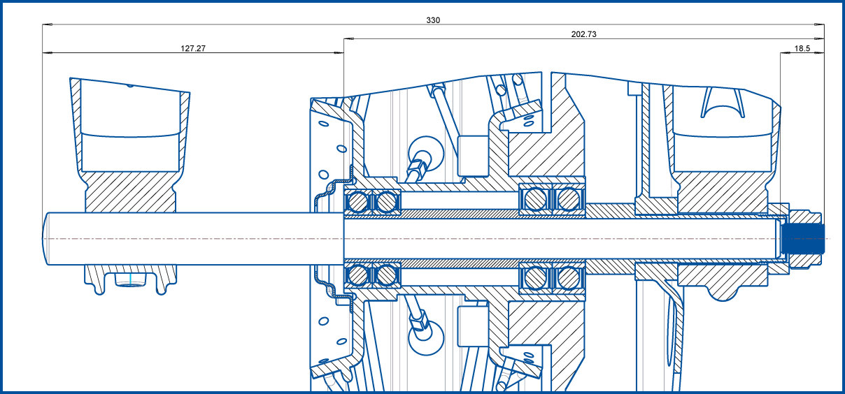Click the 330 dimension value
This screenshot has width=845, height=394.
433,20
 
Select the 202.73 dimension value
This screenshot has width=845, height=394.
583,34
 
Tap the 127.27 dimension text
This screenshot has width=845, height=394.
193,48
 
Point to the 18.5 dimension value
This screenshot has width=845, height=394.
802,48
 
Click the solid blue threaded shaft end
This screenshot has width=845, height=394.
803,239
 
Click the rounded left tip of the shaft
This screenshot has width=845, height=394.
45,239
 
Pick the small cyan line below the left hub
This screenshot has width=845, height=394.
131,279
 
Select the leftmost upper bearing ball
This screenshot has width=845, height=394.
357,202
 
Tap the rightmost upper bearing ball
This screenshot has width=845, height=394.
569,199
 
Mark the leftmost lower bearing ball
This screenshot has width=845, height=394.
357,275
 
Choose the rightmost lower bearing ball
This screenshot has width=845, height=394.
569,278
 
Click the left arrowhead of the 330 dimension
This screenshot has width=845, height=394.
47,24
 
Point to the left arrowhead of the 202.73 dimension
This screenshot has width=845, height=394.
348,38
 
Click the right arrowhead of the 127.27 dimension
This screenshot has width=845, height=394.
339,52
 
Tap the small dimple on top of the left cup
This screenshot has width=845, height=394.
130,86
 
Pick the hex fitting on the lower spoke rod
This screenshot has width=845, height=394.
420,321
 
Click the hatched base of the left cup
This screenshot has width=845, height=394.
131,191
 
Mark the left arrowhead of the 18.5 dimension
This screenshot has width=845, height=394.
785,52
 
